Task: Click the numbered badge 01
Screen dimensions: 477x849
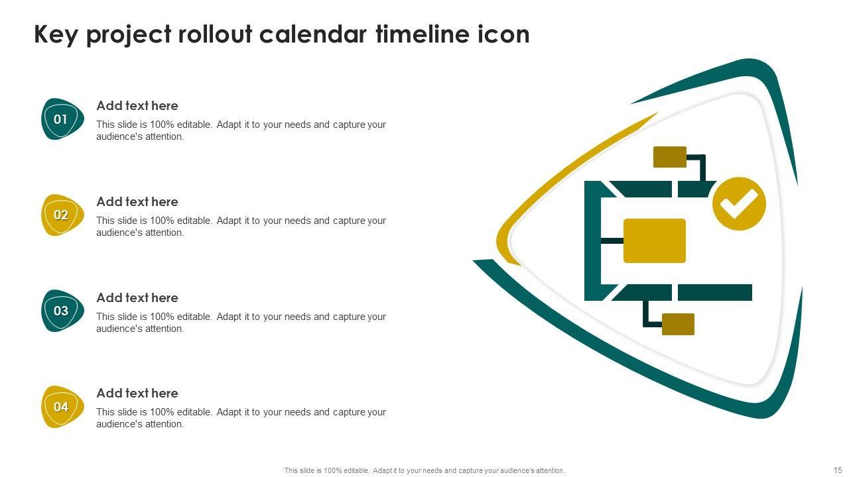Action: click(62, 119)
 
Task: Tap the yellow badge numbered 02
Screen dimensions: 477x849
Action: click(62, 215)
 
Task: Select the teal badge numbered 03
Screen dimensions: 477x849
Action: click(62, 311)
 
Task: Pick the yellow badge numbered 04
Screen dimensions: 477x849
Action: click(62, 407)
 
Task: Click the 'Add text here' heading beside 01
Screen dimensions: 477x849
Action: click(137, 105)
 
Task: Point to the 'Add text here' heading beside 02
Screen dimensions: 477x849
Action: click(137, 201)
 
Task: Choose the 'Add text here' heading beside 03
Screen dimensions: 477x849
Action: click(137, 297)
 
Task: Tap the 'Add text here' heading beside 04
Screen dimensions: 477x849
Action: click(137, 393)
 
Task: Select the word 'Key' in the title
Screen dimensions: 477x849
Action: click(56, 34)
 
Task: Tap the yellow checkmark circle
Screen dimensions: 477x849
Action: click(739, 204)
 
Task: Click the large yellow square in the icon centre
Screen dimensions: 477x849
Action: click(655, 240)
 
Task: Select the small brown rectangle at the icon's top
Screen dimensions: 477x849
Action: click(669, 157)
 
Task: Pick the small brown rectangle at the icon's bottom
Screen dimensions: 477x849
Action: click(678, 324)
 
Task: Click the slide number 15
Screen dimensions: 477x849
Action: click(836, 470)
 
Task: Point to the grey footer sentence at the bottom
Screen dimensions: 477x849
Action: click(424, 470)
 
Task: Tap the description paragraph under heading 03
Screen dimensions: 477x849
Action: click(241, 323)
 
